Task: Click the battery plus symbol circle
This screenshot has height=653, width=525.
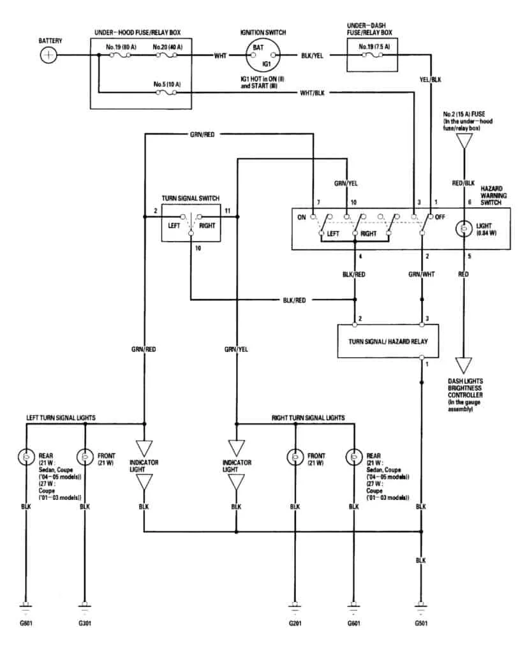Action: click(x=48, y=55)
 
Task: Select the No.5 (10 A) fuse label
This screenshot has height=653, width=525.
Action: click(x=167, y=84)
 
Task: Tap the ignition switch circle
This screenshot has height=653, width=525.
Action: click(x=263, y=55)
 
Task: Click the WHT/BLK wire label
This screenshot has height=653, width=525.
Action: click(x=312, y=93)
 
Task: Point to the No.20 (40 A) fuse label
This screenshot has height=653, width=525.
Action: click(x=168, y=47)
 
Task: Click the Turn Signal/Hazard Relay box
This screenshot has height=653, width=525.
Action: click(x=388, y=341)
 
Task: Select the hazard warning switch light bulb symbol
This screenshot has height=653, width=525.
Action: click(x=464, y=229)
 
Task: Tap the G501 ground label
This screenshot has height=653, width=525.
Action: click(x=421, y=623)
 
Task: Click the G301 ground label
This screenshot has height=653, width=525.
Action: click(x=85, y=623)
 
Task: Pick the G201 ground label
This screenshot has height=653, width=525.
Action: click(x=295, y=623)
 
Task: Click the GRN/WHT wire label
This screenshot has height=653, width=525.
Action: click(x=422, y=274)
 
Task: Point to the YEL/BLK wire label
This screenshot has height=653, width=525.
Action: click(x=430, y=80)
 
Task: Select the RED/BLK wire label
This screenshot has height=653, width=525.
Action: click(x=463, y=183)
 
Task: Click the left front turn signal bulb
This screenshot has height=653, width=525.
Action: click(x=85, y=457)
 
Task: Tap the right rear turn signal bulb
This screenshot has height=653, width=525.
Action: click(x=354, y=457)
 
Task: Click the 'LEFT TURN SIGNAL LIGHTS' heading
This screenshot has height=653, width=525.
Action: click(x=61, y=418)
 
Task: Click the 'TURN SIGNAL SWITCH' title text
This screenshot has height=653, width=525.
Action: click(x=191, y=198)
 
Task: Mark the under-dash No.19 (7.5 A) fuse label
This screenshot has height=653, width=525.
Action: click(x=374, y=47)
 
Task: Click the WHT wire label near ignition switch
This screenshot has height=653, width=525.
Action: click(x=221, y=55)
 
